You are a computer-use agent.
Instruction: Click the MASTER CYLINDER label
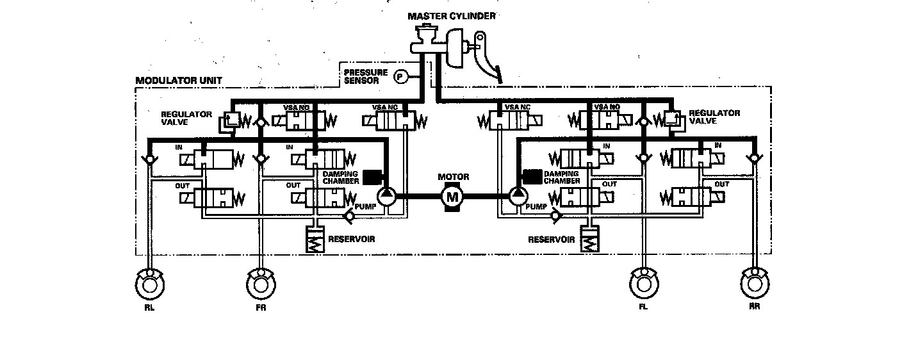point(452,16)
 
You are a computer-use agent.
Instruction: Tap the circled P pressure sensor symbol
point(400,76)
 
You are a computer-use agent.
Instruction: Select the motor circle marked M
point(452,196)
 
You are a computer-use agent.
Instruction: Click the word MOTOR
point(453,177)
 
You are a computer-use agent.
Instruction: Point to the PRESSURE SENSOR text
point(361,77)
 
